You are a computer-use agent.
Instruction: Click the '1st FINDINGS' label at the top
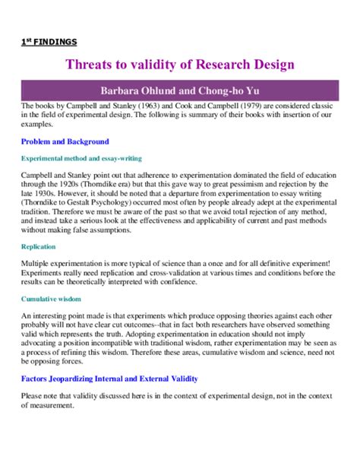click(x=49, y=42)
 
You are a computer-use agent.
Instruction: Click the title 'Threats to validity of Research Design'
click(x=180, y=65)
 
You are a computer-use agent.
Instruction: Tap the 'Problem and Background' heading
click(x=65, y=141)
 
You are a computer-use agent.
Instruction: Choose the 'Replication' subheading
click(x=38, y=247)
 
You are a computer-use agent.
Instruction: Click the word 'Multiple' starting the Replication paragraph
click(x=35, y=263)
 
